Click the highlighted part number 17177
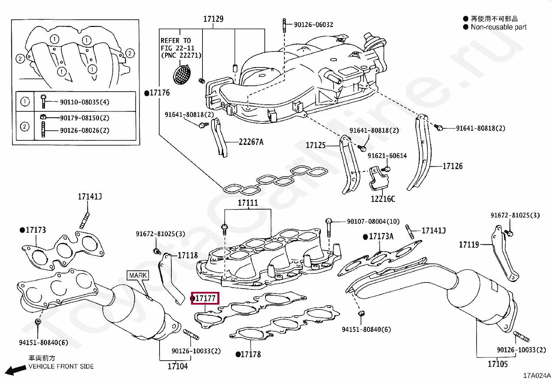click(205, 298)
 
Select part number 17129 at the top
click(213, 19)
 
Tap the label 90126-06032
click(313, 25)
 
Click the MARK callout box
click(138, 275)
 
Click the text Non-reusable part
click(498, 27)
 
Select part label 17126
click(452, 166)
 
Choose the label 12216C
click(382, 199)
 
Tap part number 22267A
click(251, 142)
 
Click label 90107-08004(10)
click(373, 221)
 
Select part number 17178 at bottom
click(250, 354)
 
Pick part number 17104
click(178, 366)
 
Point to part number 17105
click(498, 364)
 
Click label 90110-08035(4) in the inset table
click(84, 102)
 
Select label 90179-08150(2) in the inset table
click(84, 118)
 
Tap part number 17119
click(469, 245)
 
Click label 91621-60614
click(387, 156)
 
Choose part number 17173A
click(381, 237)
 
